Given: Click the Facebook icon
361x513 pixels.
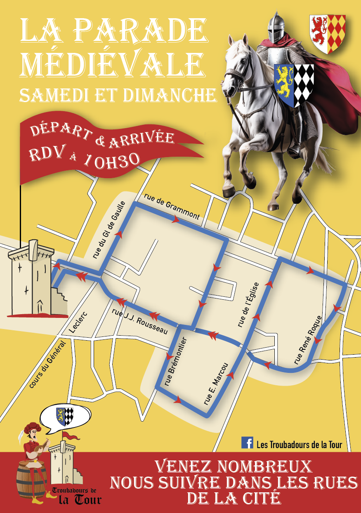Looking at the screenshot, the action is coord(247,443).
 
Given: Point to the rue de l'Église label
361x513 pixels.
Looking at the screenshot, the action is coord(248,305).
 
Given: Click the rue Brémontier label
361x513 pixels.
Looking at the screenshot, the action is coord(176,362).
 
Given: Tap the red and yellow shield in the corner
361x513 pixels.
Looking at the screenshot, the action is coord(328,34).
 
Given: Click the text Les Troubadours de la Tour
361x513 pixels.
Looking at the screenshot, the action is coord(299,445).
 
